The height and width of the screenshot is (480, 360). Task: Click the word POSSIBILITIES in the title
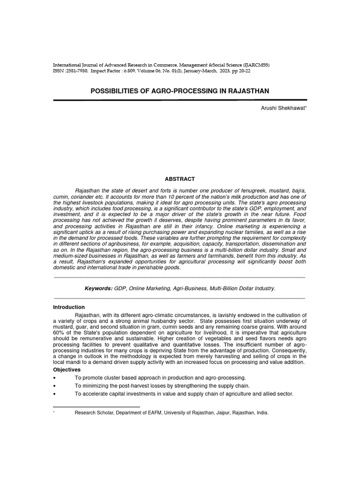coord(114,90)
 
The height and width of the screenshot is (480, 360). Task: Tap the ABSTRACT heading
coord(180,179)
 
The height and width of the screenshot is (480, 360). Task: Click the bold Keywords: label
coord(98,288)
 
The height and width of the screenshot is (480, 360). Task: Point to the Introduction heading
coord(69,307)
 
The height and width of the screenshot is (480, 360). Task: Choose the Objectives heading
coord(67,370)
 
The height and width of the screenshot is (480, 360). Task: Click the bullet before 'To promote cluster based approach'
coord(55,378)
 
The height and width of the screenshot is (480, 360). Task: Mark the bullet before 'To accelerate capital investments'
coord(55,394)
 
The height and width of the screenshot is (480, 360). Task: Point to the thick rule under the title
coord(180,100)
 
